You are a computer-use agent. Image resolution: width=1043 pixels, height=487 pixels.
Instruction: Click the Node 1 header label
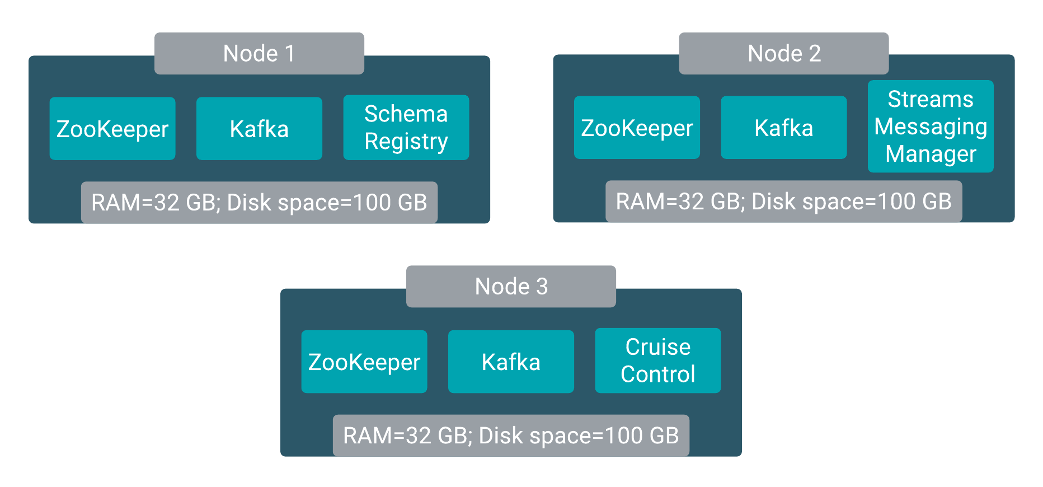(x=259, y=54)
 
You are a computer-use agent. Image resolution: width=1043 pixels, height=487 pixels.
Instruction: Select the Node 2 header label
(x=783, y=54)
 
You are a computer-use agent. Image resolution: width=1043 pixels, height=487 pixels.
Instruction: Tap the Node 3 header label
(x=511, y=287)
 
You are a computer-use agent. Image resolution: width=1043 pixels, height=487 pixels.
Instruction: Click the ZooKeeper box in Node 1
(x=112, y=129)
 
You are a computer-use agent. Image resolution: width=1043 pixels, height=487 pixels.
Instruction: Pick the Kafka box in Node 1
(x=259, y=129)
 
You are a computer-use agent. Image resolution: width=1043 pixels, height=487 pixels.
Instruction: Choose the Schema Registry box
(x=406, y=128)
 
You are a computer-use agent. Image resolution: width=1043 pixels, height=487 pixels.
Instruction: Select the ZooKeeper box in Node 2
(x=637, y=128)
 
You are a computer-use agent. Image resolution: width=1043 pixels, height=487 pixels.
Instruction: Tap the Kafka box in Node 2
(x=783, y=128)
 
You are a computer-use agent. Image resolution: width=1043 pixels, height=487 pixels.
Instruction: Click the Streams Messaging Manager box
(x=931, y=127)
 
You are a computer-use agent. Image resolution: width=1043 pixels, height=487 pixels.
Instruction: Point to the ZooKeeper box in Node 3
(x=364, y=362)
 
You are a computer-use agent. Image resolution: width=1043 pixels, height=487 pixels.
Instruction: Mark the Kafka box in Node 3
(x=511, y=362)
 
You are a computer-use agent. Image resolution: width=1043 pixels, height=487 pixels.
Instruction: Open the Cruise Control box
(x=657, y=360)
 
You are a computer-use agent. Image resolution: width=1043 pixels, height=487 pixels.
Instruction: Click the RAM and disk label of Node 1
(x=259, y=203)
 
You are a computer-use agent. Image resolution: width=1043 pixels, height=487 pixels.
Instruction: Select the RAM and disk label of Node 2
(x=783, y=202)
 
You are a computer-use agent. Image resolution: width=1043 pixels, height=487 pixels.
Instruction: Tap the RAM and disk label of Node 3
(x=511, y=436)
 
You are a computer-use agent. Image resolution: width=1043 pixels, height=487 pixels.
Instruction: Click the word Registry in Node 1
(x=406, y=142)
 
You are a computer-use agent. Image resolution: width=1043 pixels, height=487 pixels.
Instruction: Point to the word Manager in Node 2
(x=931, y=154)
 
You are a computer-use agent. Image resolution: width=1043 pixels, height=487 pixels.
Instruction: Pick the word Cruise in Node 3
(x=657, y=347)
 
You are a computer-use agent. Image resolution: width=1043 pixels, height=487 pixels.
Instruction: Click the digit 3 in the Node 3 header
(x=542, y=287)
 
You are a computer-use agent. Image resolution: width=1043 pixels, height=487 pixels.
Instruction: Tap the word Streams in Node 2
(x=931, y=100)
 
